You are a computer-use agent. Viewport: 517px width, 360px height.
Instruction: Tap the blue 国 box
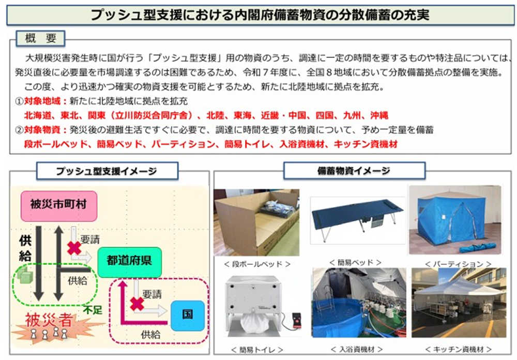187,314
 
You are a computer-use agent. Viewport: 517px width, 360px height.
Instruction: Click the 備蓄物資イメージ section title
354,170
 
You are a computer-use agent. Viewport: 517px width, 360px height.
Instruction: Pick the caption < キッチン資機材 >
455,350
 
